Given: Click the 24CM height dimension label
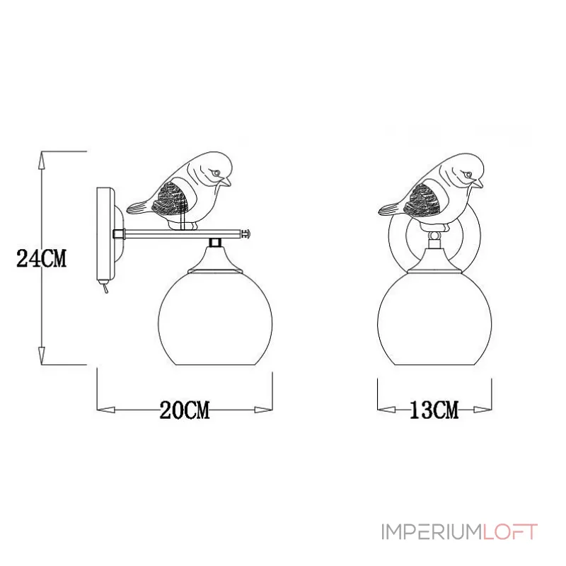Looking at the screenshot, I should tap(42, 259).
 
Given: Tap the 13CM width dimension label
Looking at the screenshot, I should tap(434, 410).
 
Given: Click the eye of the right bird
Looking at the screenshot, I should tap(467, 173).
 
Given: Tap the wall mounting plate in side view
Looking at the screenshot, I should tap(104, 233).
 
